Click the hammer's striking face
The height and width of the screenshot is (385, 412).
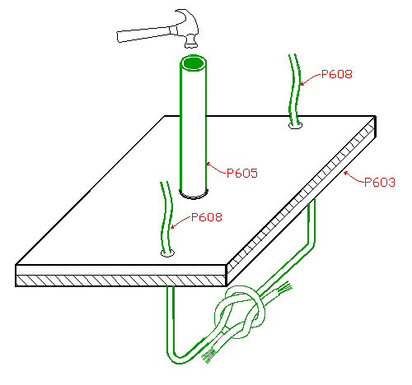191,45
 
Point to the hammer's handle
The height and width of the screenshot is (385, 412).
143,35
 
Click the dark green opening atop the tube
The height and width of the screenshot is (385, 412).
194,63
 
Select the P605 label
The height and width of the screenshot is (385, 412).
242,174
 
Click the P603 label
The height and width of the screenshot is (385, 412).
380,183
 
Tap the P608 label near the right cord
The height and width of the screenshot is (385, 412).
337,74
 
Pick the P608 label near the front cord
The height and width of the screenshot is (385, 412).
207,217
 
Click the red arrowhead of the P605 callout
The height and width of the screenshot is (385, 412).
208,165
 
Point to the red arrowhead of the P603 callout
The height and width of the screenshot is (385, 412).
346,173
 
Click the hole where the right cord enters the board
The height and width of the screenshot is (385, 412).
295,126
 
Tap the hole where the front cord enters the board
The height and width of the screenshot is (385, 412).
167,253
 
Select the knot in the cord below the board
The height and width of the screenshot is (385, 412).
241,311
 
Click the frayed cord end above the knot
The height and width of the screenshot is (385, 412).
284,288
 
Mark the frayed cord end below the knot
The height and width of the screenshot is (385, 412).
208,356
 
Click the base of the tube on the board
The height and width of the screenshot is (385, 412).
194,194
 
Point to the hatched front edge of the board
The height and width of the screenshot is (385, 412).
120,281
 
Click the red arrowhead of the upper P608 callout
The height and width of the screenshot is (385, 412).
302,84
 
